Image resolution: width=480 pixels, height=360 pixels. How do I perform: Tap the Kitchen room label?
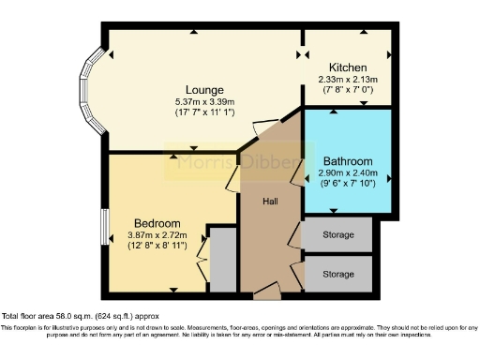tap(347, 67)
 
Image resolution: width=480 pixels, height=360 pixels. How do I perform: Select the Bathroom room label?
tap(348, 161)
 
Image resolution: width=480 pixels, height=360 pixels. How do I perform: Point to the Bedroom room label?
tap(157, 221)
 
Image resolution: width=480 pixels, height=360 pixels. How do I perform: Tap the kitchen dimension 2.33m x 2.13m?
tap(347, 80)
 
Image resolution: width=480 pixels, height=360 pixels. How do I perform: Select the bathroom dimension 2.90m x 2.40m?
tap(348, 173)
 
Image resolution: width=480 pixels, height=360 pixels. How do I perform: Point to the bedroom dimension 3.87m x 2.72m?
tap(157, 234)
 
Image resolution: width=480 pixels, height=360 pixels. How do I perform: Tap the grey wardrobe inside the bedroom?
tap(223, 259)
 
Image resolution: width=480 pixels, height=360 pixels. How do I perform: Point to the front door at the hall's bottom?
tap(266, 293)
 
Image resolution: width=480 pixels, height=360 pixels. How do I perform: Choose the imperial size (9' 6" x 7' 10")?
tap(348, 185)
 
